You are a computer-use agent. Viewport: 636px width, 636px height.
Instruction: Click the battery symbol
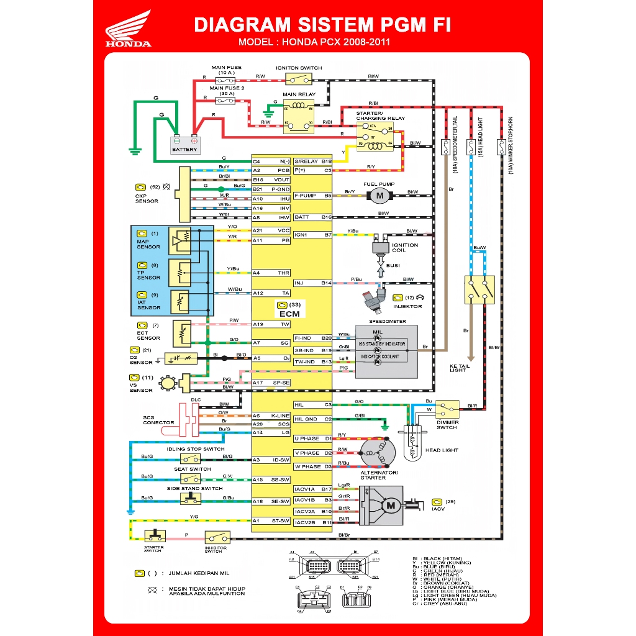[x=184, y=145]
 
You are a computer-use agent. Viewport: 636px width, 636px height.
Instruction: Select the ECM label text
[x=289, y=314]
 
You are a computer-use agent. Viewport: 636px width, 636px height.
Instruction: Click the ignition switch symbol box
[x=299, y=78]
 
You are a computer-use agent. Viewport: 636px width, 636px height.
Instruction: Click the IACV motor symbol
[x=391, y=506]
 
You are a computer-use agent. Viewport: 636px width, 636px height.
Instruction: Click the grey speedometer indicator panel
[x=386, y=352]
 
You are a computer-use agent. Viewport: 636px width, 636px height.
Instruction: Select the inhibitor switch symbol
[x=217, y=537]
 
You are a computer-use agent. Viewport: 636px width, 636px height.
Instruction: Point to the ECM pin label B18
[x=327, y=161]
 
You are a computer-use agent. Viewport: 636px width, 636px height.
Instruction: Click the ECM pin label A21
[x=258, y=230]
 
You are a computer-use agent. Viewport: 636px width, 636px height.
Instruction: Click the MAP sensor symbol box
[x=181, y=241]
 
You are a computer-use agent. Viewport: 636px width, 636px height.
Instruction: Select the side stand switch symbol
[x=190, y=498]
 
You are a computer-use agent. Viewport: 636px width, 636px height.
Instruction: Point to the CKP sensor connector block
[x=184, y=194]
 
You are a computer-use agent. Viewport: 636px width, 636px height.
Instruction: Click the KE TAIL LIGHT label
[x=458, y=368]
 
